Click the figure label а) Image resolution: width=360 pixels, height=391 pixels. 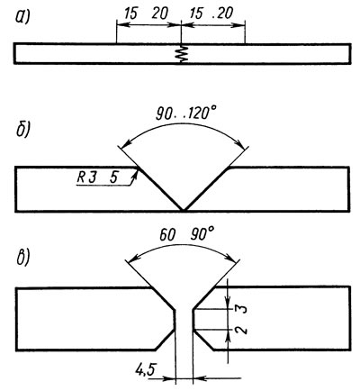point(22,17)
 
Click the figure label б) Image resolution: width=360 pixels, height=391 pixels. point(22,129)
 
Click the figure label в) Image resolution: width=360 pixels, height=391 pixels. point(22,258)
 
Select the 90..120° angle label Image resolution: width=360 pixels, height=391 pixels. point(186,114)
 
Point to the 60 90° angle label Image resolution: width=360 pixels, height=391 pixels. point(187,234)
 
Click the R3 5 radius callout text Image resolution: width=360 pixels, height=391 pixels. point(97,177)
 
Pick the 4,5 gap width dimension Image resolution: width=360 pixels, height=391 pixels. point(145,370)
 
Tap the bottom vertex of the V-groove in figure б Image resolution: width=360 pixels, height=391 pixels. point(184,210)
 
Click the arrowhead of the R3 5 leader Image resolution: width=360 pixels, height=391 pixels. point(135,175)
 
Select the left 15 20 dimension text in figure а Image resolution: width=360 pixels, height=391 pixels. point(146,14)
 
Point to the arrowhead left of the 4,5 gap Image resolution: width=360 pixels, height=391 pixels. point(168,378)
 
